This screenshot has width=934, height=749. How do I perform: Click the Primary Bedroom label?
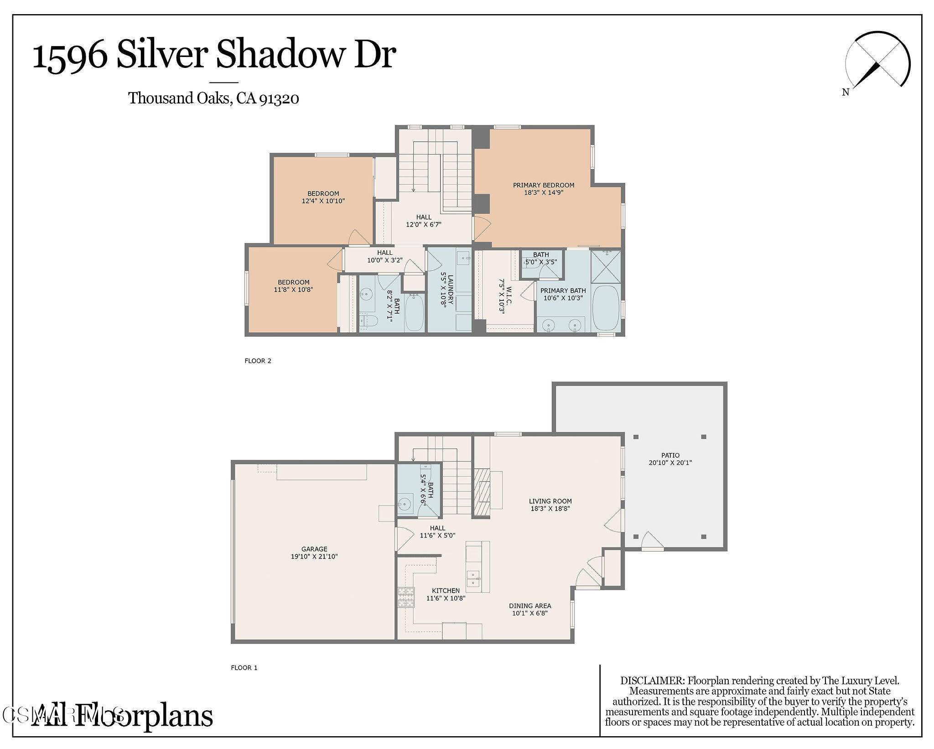(543, 185)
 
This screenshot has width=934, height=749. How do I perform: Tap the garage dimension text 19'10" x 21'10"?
(314, 557)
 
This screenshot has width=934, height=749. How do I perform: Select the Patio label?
(670, 455)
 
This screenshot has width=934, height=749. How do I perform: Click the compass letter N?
(846, 93)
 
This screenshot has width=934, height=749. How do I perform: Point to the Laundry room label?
(450, 289)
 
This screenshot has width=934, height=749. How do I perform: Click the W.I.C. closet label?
(508, 292)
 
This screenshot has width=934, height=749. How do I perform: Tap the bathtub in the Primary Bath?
(606, 308)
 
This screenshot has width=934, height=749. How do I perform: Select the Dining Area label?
(529, 606)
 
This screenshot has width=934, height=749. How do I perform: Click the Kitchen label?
(446, 590)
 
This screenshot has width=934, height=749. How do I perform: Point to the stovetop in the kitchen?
(406, 597)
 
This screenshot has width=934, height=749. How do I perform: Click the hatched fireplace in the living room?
(481, 492)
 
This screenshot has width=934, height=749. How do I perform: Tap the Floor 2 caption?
(258, 361)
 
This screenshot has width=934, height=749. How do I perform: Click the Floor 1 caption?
(244, 667)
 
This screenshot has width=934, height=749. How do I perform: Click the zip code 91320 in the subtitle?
(279, 98)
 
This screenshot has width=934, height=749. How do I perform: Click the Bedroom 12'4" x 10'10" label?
(323, 193)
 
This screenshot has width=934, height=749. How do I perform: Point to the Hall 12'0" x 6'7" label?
(424, 217)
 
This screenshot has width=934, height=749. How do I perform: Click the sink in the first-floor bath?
(404, 504)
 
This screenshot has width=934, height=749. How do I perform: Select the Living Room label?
(550, 501)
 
